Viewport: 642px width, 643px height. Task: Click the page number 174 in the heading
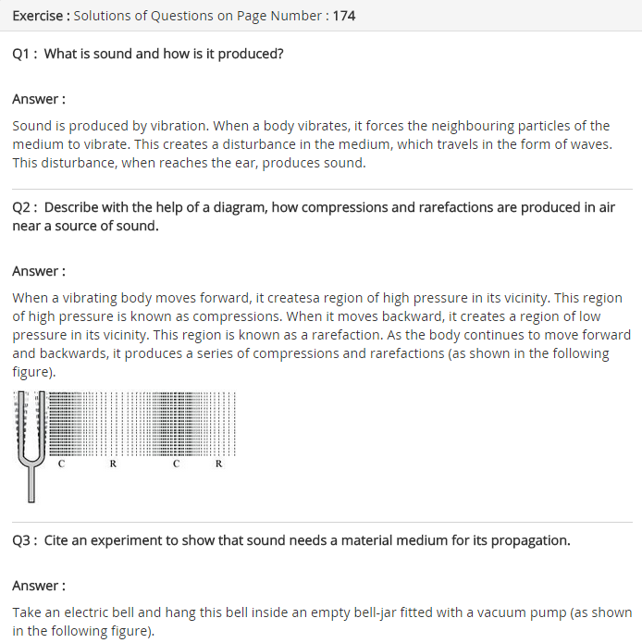tap(342, 16)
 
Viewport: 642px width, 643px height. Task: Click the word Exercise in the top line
tap(37, 16)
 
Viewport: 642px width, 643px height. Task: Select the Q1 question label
tap(24, 54)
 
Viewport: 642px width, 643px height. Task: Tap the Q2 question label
tap(24, 207)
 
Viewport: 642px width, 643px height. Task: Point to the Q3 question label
tap(24, 540)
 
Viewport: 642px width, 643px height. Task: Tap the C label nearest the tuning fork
tap(61, 464)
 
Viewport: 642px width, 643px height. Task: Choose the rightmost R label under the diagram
tap(218, 464)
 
